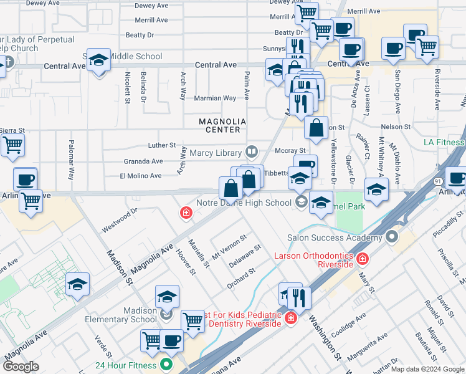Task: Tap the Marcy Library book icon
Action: pyautogui.click(x=252, y=151)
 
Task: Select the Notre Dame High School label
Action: pyautogui.click(x=244, y=203)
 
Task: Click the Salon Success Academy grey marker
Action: pyautogui.click(x=391, y=237)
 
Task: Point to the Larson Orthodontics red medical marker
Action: pyautogui.click(x=362, y=258)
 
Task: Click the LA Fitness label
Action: pyautogui.click(x=444, y=143)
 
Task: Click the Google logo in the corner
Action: pyautogui.click(x=21, y=366)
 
